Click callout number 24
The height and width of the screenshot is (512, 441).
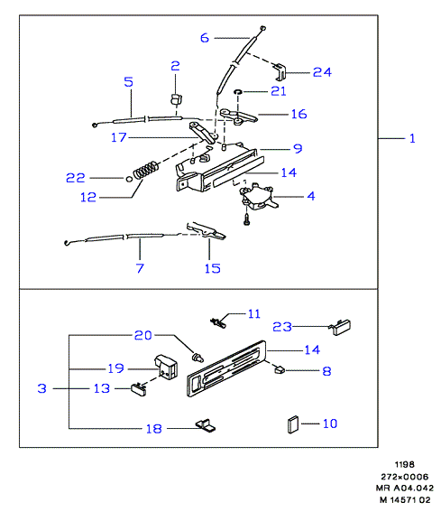pos(322,72)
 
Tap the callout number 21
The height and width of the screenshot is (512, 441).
pos(279,91)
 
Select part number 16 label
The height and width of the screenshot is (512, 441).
pos(299,114)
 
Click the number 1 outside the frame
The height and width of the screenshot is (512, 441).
pos(413,138)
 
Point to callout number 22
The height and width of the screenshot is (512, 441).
pos(76,178)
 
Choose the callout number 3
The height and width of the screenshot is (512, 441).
pos(42,388)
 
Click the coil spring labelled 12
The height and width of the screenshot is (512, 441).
pos(146,170)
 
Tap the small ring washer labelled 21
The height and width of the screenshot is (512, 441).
pos(238,92)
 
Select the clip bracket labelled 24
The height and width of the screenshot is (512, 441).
pos(280,72)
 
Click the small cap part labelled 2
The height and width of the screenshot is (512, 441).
pos(176,98)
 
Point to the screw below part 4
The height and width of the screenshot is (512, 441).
pos(246,219)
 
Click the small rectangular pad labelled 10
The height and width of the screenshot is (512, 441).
pos(293,424)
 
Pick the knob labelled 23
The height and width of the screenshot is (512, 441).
pos(340,327)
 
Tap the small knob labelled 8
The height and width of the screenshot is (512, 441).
pos(280,370)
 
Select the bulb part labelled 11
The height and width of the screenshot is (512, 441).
pos(218,323)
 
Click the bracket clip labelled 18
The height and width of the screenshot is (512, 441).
pos(206,425)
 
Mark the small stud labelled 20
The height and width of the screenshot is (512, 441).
pos(198,357)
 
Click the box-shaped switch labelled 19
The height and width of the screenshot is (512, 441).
pos(166,367)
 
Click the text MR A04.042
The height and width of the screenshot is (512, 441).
pos(405,489)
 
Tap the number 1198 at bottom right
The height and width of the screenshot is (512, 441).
pos(404,464)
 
